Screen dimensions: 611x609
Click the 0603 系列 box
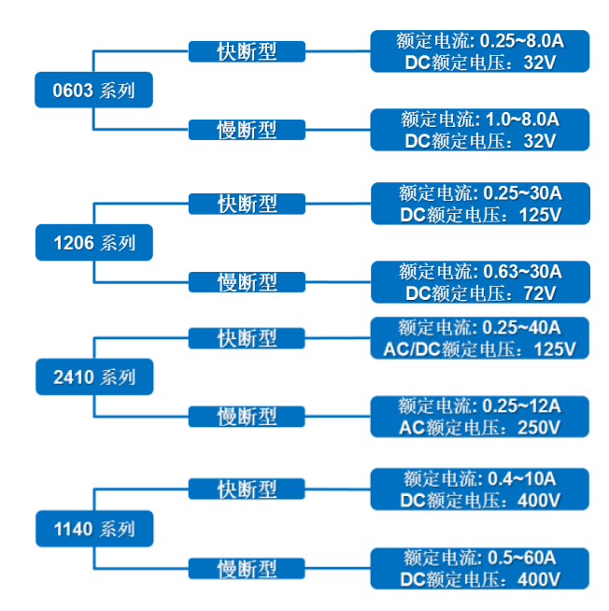pyautogui.click(x=93, y=91)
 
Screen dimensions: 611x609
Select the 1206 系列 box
pyautogui.click(x=93, y=243)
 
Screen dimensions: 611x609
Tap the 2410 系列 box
pyautogui.click(x=93, y=377)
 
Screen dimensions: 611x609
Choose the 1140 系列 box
pyautogui.click(x=93, y=529)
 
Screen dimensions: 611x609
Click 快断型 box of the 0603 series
pyautogui.click(x=247, y=51)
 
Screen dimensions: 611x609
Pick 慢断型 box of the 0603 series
pyautogui.click(x=247, y=130)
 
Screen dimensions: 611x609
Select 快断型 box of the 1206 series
pyautogui.click(x=247, y=204)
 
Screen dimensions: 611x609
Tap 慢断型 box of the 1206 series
pyautogui.click(x=247, y=282)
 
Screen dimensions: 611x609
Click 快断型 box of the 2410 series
pyautogui.click(x=247, y=337)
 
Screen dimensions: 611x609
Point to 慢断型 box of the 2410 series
pyautogui.click(x=247, y=416)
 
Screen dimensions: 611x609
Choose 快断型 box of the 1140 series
pyautogui.click(x=247, y=489)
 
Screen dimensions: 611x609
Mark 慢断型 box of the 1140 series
pyautogui.click(x=247, y=567)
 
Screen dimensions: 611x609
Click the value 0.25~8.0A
pyautogui.click(x=521, y=41)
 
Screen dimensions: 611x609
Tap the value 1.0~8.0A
pyautogui.click(x=522, y=120)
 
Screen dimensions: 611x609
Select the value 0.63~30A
pyautogui.click(x=522, y=272)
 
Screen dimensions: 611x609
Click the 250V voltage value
pyautogui.click(x=540, y=427)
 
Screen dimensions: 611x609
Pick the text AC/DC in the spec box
pyautogui.click(x=412, y=349)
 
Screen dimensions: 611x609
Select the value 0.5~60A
pyautogui.click(x=522, y=558)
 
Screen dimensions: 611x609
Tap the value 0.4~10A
pyautogui.click(x=522, y=479)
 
